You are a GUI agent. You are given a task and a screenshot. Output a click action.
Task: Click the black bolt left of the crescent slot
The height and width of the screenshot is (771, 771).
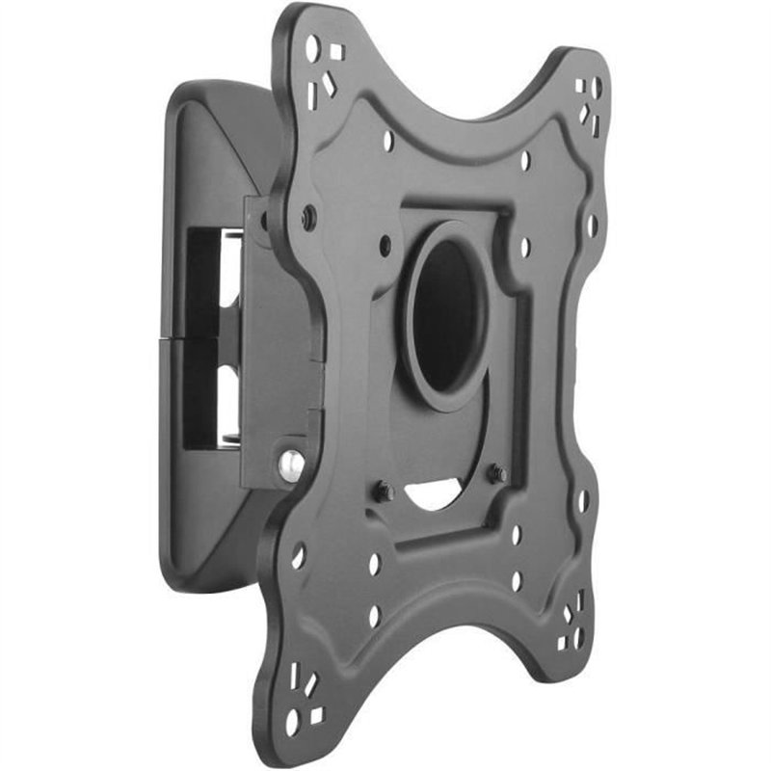click(x=383, y=492)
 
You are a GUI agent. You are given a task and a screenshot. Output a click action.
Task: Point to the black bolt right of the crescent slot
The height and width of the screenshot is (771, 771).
click(x=497, y=474)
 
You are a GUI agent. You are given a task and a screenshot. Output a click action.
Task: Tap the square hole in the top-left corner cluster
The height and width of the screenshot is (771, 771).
click(x=336, y=53)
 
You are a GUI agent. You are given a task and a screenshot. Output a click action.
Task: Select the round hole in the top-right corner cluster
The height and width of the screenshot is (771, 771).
click(x=597, y=90)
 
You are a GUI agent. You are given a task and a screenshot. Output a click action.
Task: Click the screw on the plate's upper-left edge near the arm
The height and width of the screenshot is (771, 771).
click(x=308, y=218)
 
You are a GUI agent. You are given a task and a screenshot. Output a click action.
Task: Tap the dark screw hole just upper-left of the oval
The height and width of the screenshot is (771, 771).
click(x=385, y=245)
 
